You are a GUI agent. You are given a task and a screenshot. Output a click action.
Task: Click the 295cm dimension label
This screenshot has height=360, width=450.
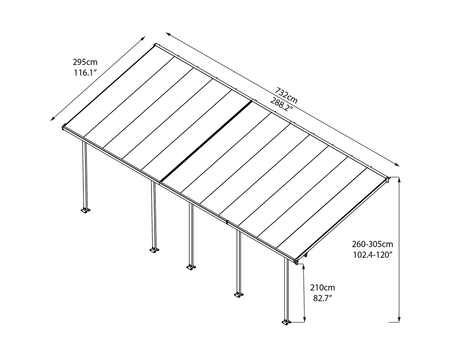(x=85, y=62)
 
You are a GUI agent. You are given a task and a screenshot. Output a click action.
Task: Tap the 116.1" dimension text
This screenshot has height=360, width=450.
(x=85, y=73)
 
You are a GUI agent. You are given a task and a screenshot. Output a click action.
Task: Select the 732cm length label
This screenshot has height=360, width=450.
(x=285, y=96)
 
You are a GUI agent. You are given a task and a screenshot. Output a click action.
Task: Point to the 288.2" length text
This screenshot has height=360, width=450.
(x=281, y=104)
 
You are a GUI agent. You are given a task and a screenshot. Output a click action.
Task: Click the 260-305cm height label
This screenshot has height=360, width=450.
(x=372, y=244)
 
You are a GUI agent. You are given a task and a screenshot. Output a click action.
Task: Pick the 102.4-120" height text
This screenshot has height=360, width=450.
(x=372, y=255)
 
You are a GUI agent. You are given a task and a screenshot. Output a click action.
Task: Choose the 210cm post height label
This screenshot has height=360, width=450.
(x=322, y=288)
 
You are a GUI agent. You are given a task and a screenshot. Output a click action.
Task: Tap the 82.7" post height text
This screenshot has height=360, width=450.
(x=322, y=298)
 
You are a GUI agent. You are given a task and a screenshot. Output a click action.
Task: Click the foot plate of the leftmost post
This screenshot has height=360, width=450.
(x=85, y=210)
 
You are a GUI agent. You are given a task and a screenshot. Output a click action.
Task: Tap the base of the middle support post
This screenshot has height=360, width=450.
(x=191, y=267)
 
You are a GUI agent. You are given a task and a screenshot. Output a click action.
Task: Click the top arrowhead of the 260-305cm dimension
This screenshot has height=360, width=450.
(x=399, y=180)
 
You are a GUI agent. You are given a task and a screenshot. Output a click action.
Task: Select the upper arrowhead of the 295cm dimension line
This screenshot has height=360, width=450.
(x=143, y=38)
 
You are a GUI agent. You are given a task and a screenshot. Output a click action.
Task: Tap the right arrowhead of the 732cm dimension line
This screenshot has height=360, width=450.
(x=397, y=165)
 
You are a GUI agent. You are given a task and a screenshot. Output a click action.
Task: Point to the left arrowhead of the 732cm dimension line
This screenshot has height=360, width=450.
(x=168, y=34)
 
